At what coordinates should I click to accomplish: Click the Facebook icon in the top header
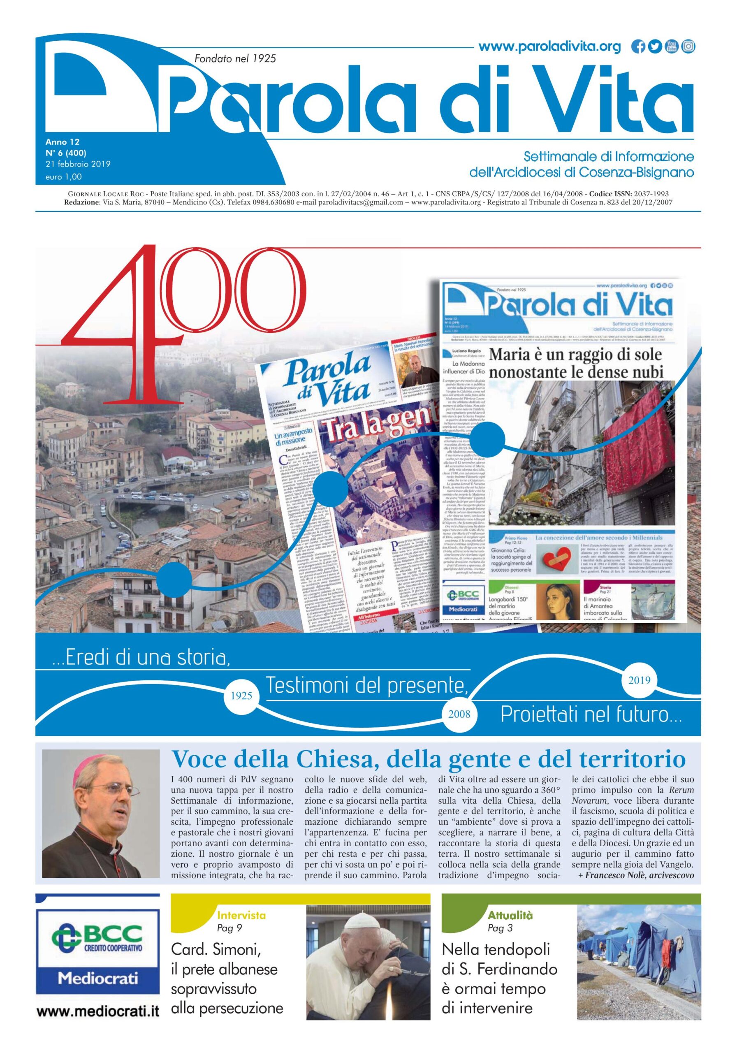pyautogui.click(x=638, y=47)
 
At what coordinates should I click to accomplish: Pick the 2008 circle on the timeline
pyautogui.click(x=459, y=714)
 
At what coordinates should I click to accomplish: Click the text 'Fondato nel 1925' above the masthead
pyautogui.click(x=235, y=58)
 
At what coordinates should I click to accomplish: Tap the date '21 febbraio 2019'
pyautogui.click(x=78, y=164)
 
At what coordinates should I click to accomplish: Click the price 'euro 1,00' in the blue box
pyautogui.click(x=64, y=176)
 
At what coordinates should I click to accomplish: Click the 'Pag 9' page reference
pyautogui.click(x=229, y=928)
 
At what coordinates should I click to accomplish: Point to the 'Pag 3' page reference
pyautogui.click(x=499, y=928)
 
